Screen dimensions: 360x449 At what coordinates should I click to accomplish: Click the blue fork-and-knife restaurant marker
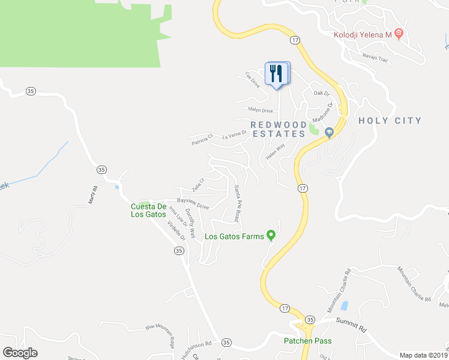pos(277,74)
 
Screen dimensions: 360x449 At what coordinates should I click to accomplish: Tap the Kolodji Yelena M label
pos(362,35)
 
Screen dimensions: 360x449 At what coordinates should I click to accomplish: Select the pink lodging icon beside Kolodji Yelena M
pos(399,35)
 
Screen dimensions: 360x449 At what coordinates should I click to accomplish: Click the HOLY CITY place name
pos(390,121)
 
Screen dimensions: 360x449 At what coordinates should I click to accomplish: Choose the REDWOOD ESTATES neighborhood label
pos(278,129)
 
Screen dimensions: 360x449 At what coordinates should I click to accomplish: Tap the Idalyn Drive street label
pos(261,110)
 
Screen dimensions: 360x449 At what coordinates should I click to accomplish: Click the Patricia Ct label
pos(202,140)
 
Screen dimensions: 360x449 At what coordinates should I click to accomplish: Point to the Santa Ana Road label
pos(238,203)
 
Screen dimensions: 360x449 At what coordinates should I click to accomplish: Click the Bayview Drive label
pos(193,203)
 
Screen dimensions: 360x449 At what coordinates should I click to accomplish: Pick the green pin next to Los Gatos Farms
pos(271,235)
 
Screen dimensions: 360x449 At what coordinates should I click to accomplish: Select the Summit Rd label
pos(351,328)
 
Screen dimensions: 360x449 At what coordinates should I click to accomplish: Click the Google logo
pos(20,353)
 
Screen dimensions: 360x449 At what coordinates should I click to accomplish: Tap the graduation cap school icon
pos(328,132)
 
